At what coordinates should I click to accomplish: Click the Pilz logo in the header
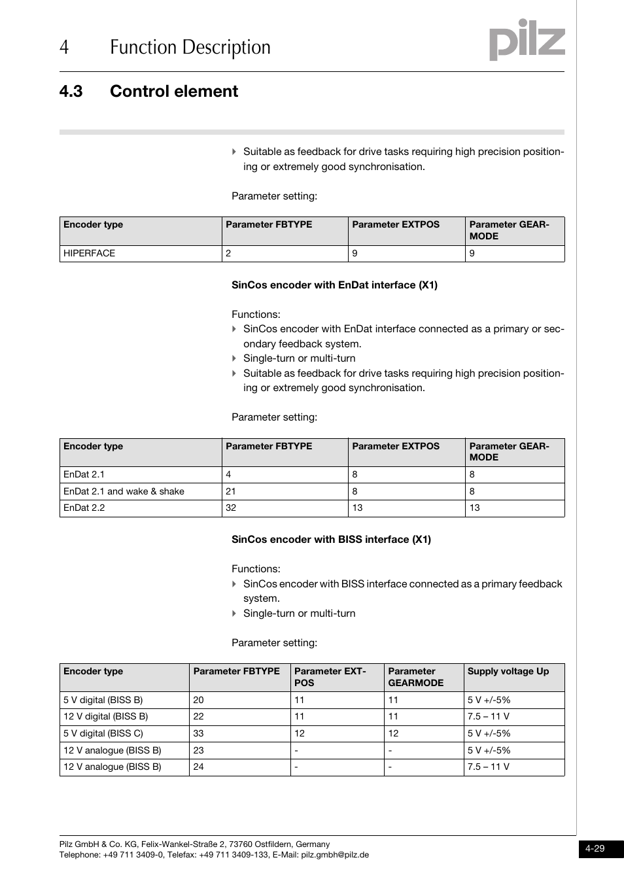point(527,41)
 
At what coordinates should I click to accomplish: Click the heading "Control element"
point(173,92)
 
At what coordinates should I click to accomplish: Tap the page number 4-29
point(595,848)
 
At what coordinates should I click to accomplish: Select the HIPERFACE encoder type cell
point(90,254)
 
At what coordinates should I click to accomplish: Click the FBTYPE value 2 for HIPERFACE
point(228,254)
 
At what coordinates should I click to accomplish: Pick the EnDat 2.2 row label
point(84,508)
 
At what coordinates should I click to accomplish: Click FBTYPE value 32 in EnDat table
point(231,508)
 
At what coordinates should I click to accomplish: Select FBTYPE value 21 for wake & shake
point(231,491)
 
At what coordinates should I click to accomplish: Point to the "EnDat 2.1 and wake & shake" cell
point(124,491)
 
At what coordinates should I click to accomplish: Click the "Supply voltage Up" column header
point(508,672)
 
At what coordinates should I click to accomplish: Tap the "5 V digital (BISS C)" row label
point(103,734)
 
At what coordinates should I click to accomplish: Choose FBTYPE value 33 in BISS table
point(199,734)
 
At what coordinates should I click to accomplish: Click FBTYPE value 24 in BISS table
point(199,767)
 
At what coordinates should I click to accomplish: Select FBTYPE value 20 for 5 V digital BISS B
point(199,700)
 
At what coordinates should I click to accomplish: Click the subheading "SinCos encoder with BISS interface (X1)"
point(331,540)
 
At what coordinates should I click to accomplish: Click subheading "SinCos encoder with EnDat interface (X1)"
point(334,285)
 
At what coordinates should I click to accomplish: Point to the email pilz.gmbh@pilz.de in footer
point(335,855)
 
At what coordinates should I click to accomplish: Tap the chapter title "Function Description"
point(190,48)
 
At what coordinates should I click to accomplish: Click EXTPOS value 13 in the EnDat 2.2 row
point(357,508)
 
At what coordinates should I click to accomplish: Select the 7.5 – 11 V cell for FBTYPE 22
point(488,717)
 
